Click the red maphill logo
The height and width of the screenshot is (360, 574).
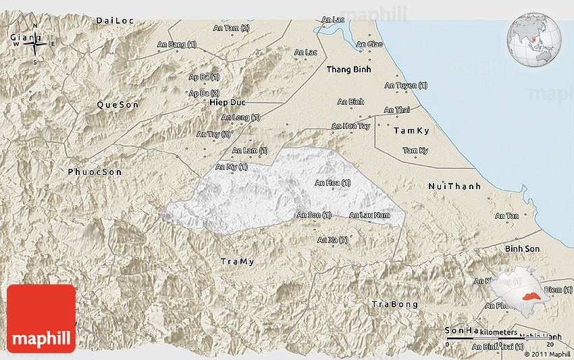tap(41, 319)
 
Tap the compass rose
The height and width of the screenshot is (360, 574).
tap(35, 45)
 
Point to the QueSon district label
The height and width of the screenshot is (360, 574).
tap(118, 105)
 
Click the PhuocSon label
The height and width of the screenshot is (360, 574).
tap(95, 172)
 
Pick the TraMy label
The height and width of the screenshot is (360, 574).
tap(238, 261)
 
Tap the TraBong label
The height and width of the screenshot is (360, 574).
tap(395, 305)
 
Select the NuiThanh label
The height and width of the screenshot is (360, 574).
tap(454, 186)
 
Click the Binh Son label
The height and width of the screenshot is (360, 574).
tap(523, 249)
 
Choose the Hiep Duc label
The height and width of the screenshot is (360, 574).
tap(226, 102)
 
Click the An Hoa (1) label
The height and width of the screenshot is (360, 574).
tap(332, 182)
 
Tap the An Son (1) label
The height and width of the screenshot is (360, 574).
tap(314, 215)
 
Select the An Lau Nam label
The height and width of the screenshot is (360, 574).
tap(369, 215)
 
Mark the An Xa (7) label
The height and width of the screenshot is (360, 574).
tap(332, 240)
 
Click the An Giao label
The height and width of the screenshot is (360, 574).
tap(369, 45)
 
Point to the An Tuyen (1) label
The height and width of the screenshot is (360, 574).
tap(406, 86)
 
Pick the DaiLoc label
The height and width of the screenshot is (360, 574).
tap(115, 21)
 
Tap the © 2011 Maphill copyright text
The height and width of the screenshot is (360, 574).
tap(547, 354)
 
